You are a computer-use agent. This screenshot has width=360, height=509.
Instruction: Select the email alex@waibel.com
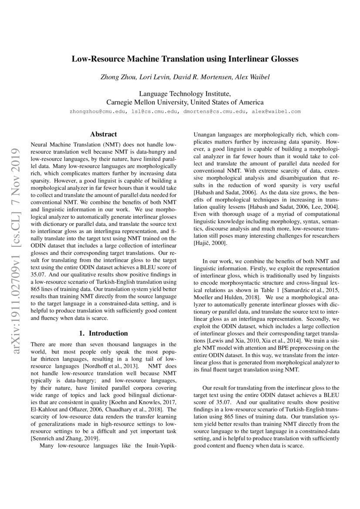tap(275, 111)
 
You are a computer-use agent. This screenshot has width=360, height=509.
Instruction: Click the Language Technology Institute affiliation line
tap(185, 94)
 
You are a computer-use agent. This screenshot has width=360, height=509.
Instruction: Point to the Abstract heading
tap(103, 135)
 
